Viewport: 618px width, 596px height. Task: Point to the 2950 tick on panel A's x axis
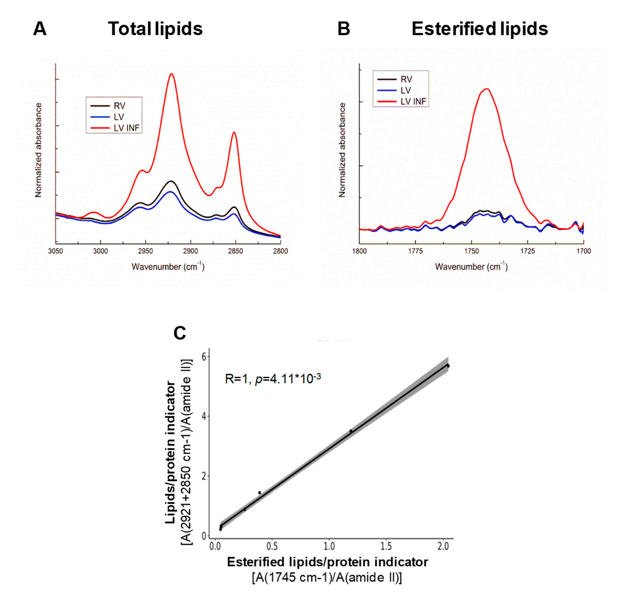pyautogui.click(x=145, y=251)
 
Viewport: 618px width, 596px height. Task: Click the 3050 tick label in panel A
pyautogui.click(x=56, y=251)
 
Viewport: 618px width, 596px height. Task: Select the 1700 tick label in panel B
pyautogui.click(x=583, y=251)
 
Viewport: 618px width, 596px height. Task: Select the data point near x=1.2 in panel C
pyautogui.click(x=351, y=431)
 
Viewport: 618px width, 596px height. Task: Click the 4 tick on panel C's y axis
pyautogui.click(x=204, y=416)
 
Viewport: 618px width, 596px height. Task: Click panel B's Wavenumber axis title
pyautogui.click(x=471, y=267)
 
